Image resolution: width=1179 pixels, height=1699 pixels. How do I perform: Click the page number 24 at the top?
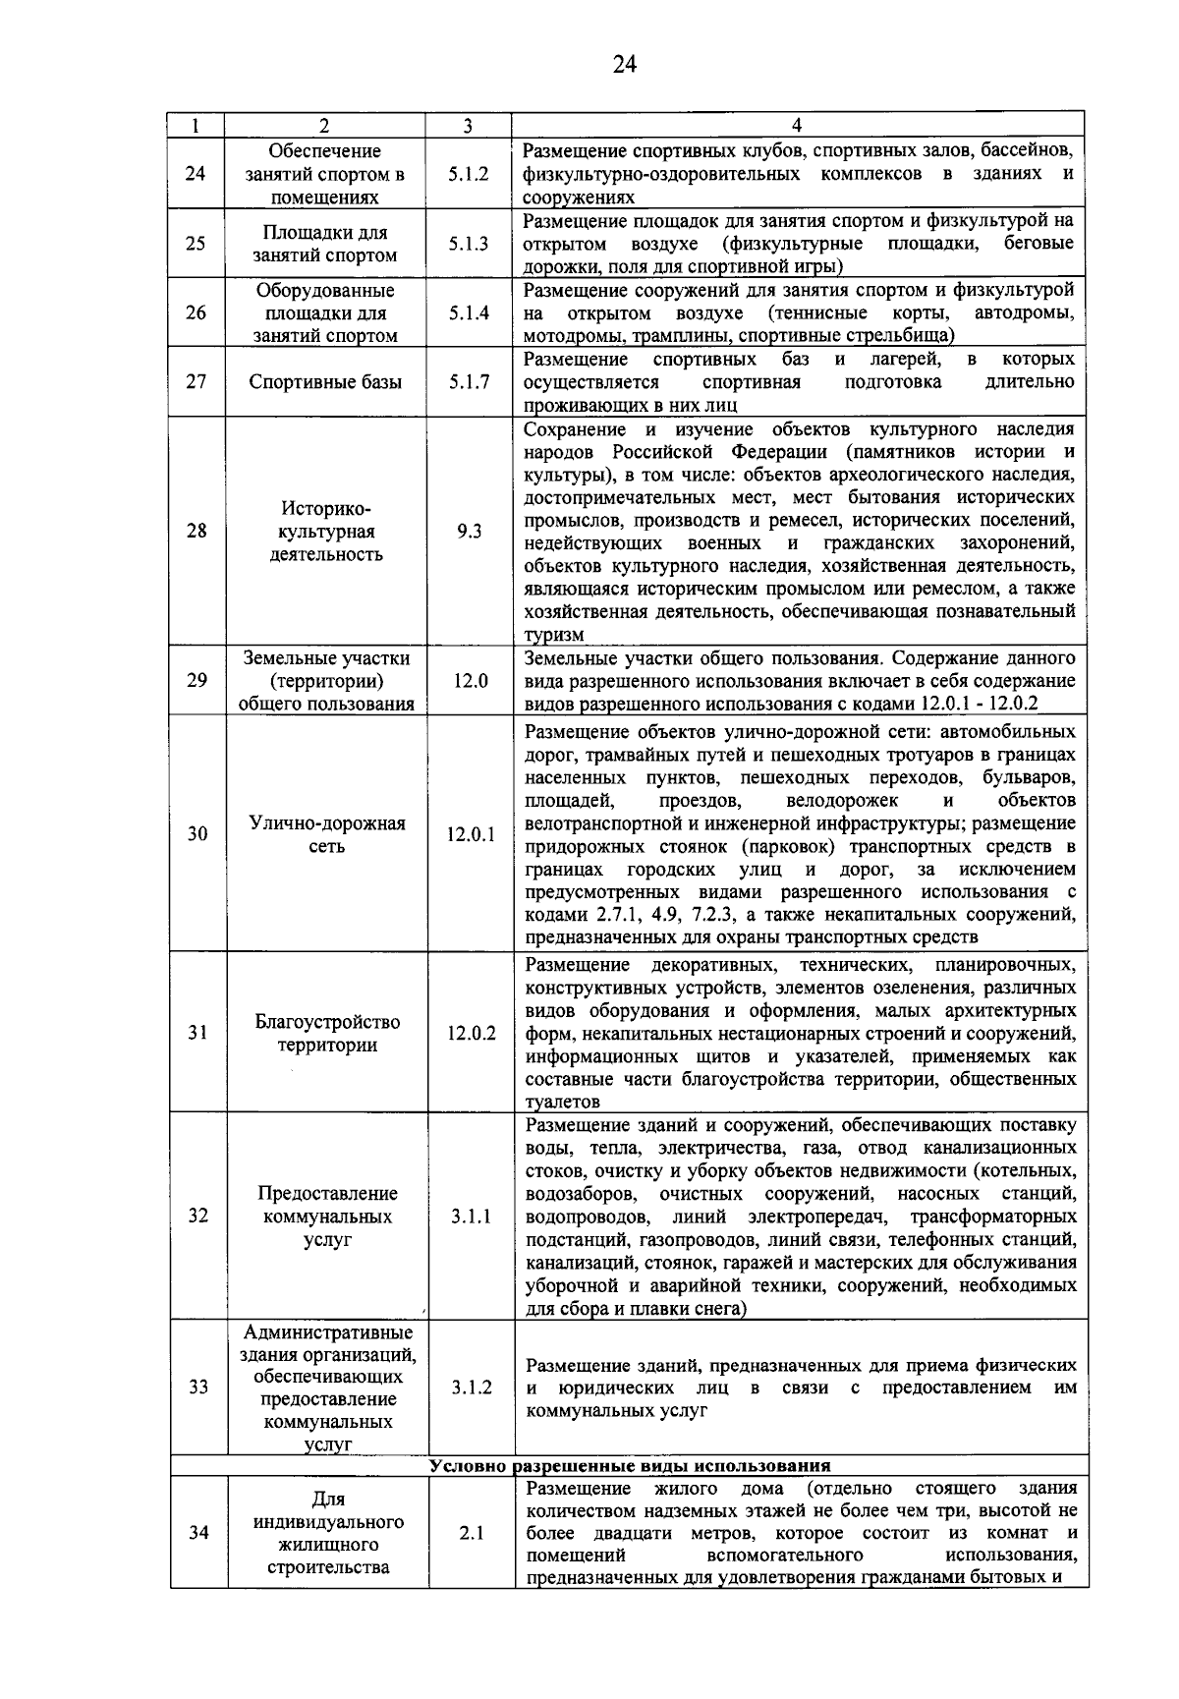click(624, 65)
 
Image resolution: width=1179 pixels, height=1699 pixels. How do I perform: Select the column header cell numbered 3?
click(468, 126)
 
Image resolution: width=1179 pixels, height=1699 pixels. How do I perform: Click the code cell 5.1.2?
click(469, 174)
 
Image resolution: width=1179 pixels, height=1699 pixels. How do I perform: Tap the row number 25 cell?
click(196, 243)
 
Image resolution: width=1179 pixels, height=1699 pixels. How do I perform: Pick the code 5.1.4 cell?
click(469, 313)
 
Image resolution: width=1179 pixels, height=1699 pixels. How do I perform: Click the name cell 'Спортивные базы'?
click(325, 382)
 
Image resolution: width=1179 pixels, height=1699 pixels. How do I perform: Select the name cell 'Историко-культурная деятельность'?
click(325, 532)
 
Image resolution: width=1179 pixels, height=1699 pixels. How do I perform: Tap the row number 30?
click(197, 834)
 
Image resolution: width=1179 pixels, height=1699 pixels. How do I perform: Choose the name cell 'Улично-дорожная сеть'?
click(326, 834)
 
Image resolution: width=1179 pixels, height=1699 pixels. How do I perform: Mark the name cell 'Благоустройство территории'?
click(327, 1033)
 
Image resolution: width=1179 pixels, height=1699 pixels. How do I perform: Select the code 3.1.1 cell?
click(472, 1217)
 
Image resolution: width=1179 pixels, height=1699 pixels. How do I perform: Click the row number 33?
click(198, 1388)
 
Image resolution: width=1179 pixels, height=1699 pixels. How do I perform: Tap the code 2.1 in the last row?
click(472, 1533)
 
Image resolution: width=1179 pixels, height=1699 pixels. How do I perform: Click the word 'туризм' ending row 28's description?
click(554, 636)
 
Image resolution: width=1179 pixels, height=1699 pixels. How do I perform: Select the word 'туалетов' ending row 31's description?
click(563, 1103)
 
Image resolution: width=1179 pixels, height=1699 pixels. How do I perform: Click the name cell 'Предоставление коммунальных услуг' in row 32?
click(327, 1217)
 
